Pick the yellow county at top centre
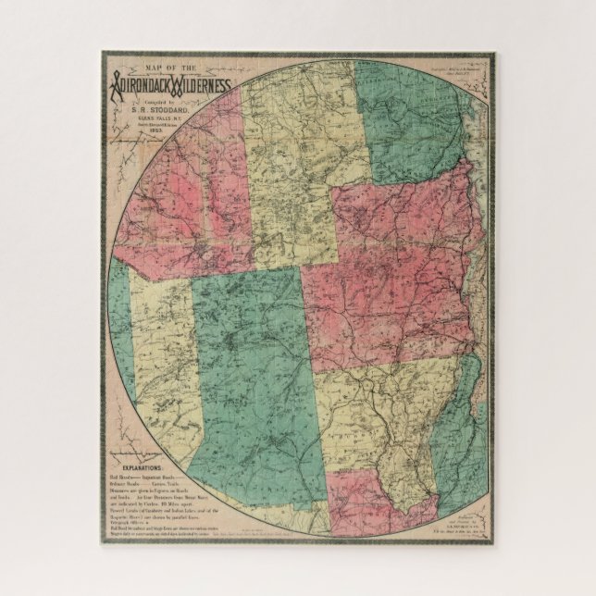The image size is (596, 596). tap(296, 157)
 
